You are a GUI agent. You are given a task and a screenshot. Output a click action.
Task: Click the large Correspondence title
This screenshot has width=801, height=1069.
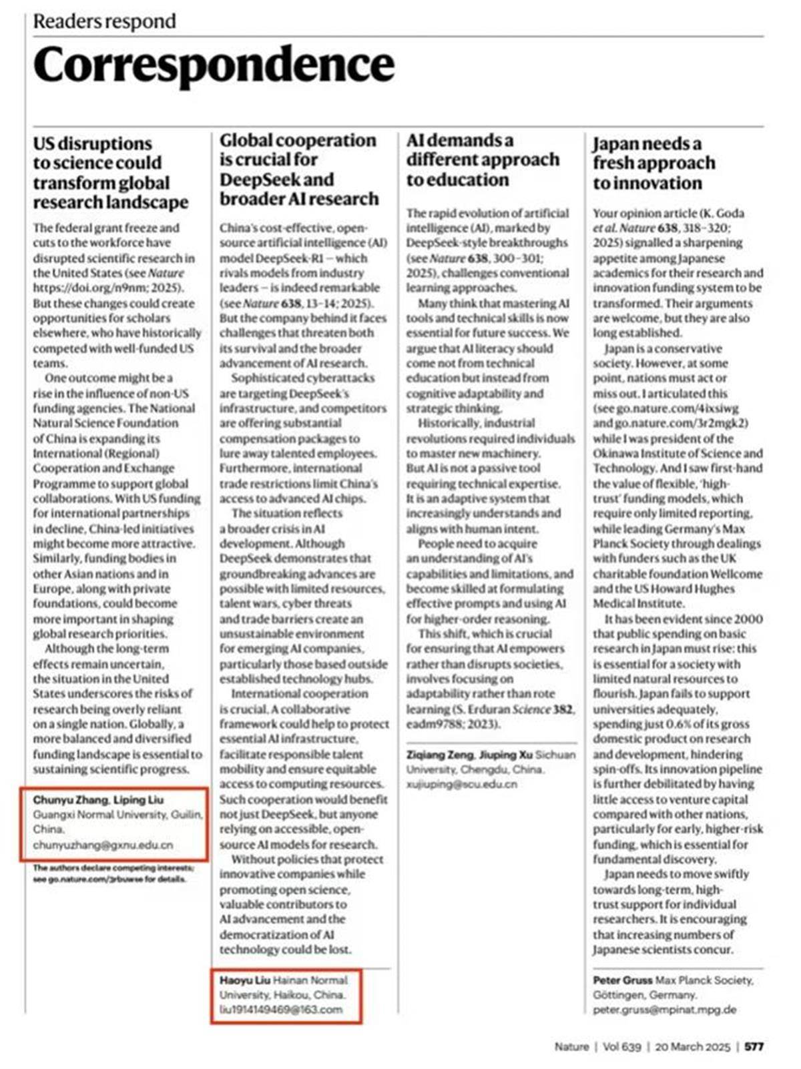point(214,65)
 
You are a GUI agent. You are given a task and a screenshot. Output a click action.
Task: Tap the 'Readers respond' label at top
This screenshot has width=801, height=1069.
point(105,21)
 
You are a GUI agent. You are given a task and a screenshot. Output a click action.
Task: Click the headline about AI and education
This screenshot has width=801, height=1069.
point(483,159)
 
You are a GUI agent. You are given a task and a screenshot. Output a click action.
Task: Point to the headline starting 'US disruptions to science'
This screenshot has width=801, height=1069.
point(111,173)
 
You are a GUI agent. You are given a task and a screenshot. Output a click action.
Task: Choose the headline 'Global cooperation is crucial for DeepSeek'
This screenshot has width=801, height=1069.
point(298,169)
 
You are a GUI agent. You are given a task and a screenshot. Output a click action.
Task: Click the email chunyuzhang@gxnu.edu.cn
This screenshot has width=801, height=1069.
point(103,845)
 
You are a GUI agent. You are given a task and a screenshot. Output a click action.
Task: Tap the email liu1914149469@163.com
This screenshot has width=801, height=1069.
point(281,1009)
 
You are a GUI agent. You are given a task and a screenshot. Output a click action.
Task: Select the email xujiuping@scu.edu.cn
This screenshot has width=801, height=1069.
point(462,784)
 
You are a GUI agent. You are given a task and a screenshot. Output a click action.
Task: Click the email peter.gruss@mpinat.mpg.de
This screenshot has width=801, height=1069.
point(664,1010)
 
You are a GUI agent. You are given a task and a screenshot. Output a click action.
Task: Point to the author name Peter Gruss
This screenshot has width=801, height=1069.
point(622,980)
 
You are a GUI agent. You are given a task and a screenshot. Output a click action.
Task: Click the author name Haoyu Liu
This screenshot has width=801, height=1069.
point(244,980)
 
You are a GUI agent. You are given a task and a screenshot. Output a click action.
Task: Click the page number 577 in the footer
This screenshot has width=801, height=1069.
point(754,1046)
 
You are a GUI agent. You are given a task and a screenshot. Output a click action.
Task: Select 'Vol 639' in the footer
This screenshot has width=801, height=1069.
point(621,1046)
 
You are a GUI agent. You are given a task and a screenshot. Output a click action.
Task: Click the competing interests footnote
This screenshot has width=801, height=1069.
point(113,873)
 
